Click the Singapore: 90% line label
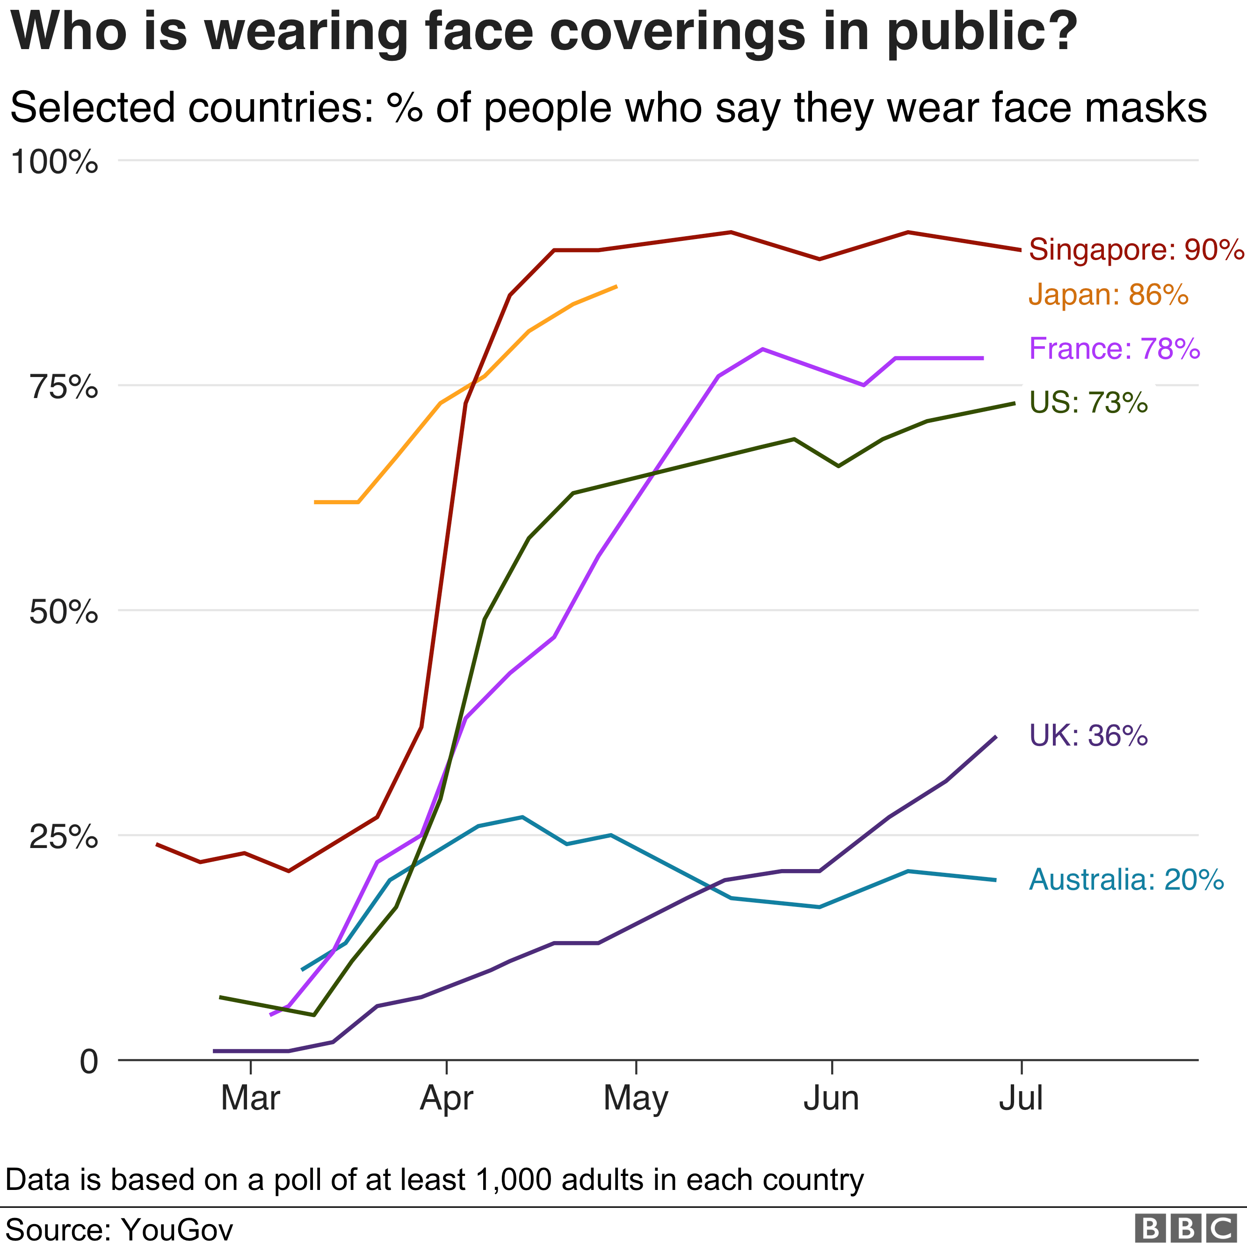1136,250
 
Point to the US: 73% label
1088,402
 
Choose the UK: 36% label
1088,735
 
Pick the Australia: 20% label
1126,879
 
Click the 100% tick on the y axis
54,161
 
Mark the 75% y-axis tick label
63,387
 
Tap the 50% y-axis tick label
63,611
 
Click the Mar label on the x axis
250,1098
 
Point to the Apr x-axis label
447,1098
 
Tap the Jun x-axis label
831,1098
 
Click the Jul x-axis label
1021,1098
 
